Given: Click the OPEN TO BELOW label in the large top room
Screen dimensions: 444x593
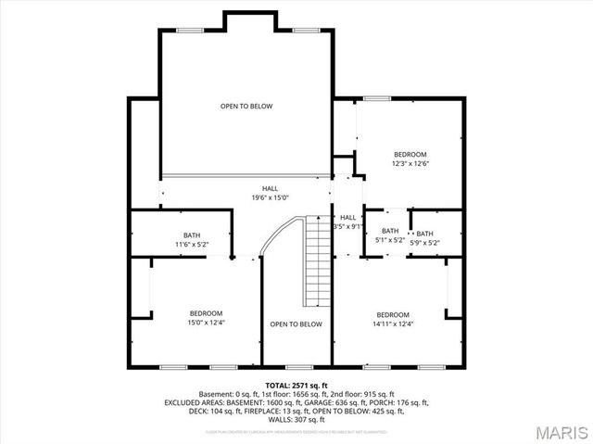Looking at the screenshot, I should [246, 107].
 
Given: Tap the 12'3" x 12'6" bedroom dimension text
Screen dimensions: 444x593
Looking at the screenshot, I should [410, 163].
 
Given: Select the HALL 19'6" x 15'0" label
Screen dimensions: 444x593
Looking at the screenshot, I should [270, 193].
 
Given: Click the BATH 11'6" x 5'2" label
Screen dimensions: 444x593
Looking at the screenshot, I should [191, 240].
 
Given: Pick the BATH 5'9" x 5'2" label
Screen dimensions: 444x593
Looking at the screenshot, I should [424, 238].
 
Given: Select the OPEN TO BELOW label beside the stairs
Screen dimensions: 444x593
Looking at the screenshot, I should [296, 324].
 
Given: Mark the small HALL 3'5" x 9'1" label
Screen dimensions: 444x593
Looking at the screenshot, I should [347, 222].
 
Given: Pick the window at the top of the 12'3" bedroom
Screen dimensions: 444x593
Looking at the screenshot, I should [376, 97].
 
